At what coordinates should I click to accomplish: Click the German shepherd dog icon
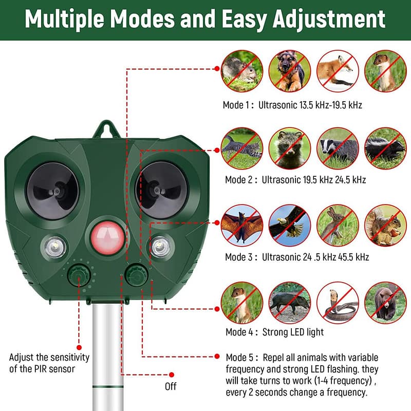coord(290,70)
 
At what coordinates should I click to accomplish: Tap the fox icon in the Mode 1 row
coord(337,70)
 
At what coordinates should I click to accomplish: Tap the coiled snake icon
coord(337,303)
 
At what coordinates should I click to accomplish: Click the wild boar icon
coord(290,303)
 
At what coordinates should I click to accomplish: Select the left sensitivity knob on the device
coord(79,276)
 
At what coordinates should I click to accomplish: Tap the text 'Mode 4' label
coord(239,332)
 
